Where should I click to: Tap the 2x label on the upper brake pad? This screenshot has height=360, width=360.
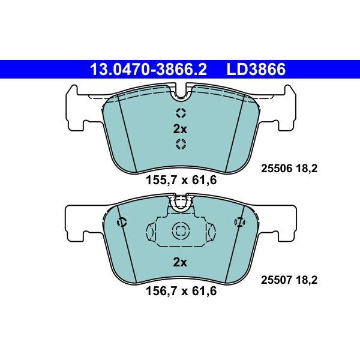tap(180, 128)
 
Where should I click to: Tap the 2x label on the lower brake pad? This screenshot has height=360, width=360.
tap(180, 262)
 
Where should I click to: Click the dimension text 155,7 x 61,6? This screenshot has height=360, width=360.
tap(181, 179)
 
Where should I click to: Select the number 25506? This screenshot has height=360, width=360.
tap(275, 169)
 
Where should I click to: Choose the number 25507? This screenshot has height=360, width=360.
tap(275, 278)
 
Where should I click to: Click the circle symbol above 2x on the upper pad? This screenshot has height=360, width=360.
tap(181, 113)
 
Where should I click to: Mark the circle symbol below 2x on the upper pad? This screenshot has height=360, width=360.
tap(181, 143)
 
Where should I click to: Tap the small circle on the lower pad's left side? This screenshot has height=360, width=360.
tap(123, 222)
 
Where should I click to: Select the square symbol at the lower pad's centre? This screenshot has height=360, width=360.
tap(180, 230)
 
